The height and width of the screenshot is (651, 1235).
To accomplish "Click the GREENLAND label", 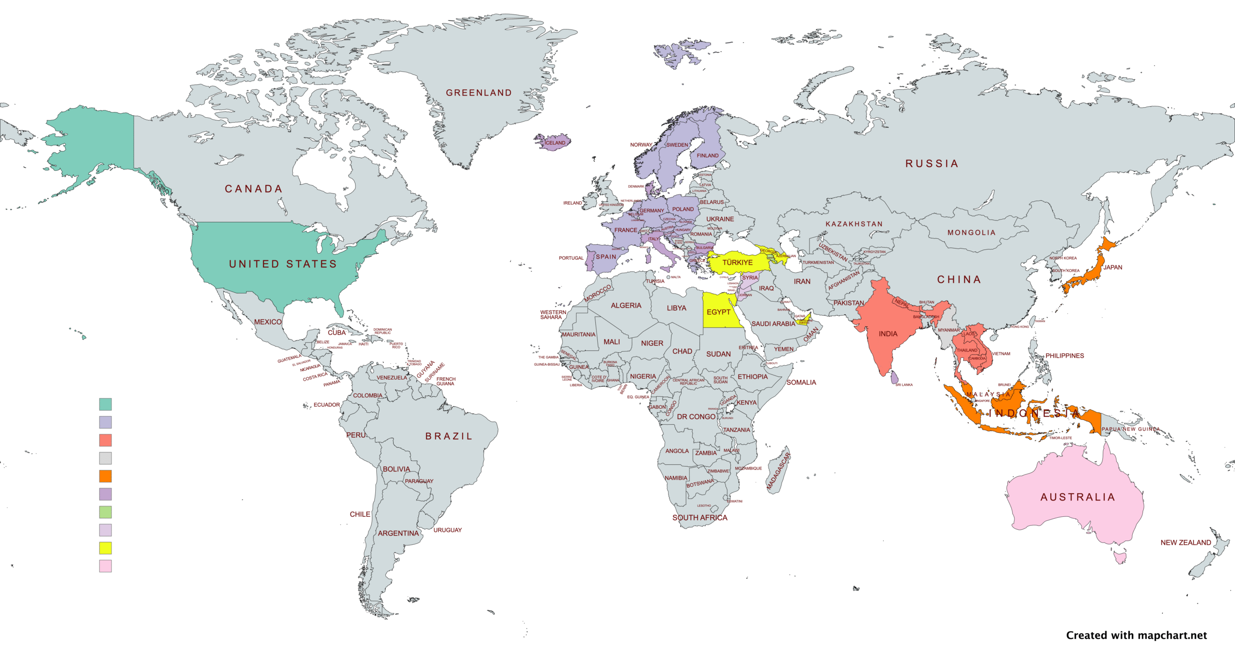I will (x=479, y=93).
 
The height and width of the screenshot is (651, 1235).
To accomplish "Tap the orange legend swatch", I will (x=105, y=476).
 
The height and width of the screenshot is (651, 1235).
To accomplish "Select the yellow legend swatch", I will (x=105, y=548).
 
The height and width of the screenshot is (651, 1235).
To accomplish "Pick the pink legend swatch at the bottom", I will (x=105, y=566).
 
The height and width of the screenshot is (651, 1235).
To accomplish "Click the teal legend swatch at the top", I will (x=105, y=404).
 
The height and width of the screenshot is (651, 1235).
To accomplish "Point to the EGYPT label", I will (x=718, y=312).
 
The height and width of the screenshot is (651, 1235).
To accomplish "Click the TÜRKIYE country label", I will (x=737, y=263).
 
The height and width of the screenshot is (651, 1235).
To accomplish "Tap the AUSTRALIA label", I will (x=1078, y=497).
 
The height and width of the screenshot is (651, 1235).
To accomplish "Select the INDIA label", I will (x=888, y=334).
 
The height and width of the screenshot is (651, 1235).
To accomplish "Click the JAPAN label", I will (x=1112, y=267).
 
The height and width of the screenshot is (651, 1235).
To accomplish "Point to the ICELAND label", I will (x=555, y=143).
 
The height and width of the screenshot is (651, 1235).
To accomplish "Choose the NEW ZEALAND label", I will (x=1185, y=542).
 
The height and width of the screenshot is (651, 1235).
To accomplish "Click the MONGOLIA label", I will (x=972, y=233).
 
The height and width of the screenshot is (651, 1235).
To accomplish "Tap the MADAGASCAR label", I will (x=779, y=471).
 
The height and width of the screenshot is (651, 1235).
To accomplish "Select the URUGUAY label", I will (x=447, y=530).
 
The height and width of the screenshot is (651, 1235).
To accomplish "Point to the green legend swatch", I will (x=105, y=512).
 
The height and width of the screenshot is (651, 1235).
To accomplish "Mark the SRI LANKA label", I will (x=904, y=385).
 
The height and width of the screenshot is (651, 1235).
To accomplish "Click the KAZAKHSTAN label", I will (x=854, y=224).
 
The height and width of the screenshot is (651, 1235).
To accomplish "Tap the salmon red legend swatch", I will (x=105, y=440).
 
